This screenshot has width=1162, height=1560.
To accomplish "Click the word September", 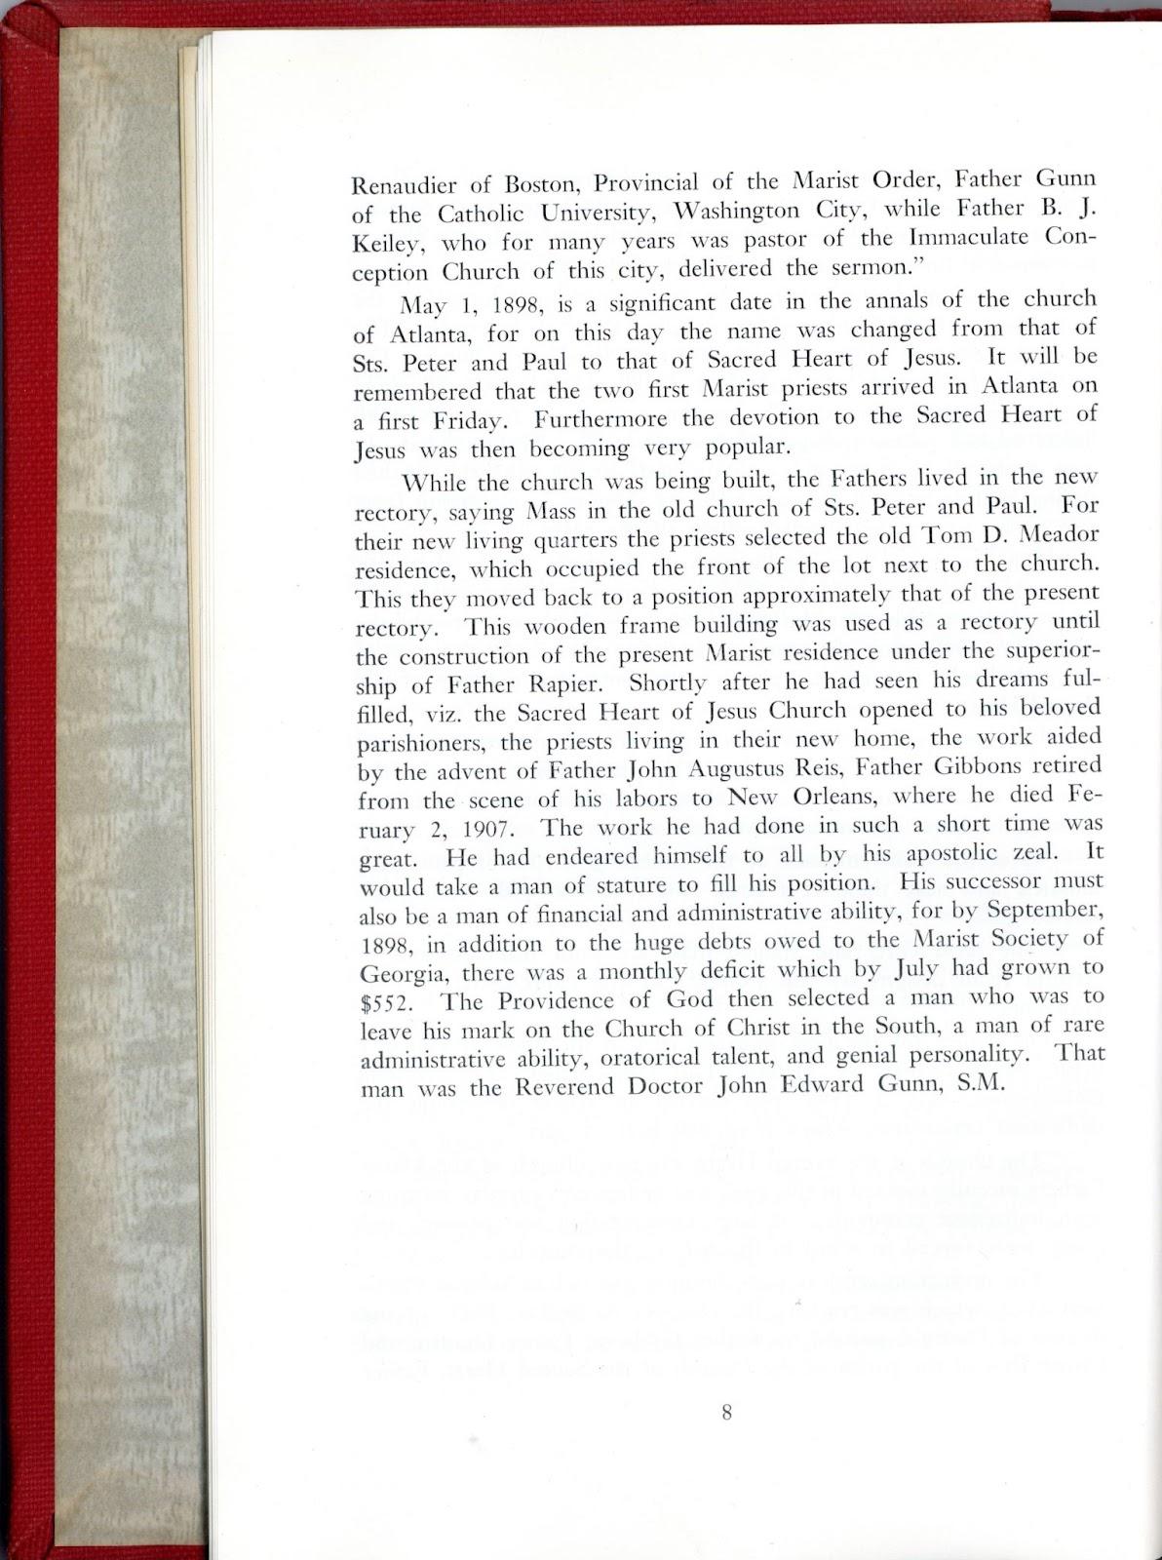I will tap(1045, 910).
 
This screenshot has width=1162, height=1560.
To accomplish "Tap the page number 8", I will tap(726, 1412).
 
